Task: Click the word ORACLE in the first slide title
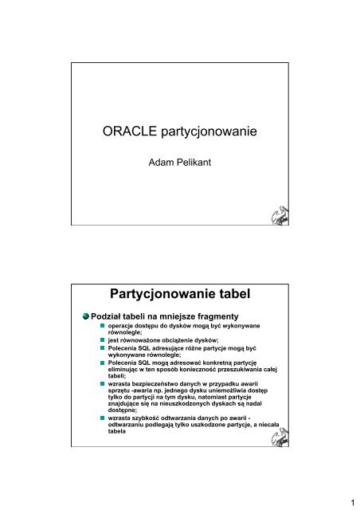tap(131, 132)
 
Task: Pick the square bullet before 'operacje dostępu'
tap(101, 327)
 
